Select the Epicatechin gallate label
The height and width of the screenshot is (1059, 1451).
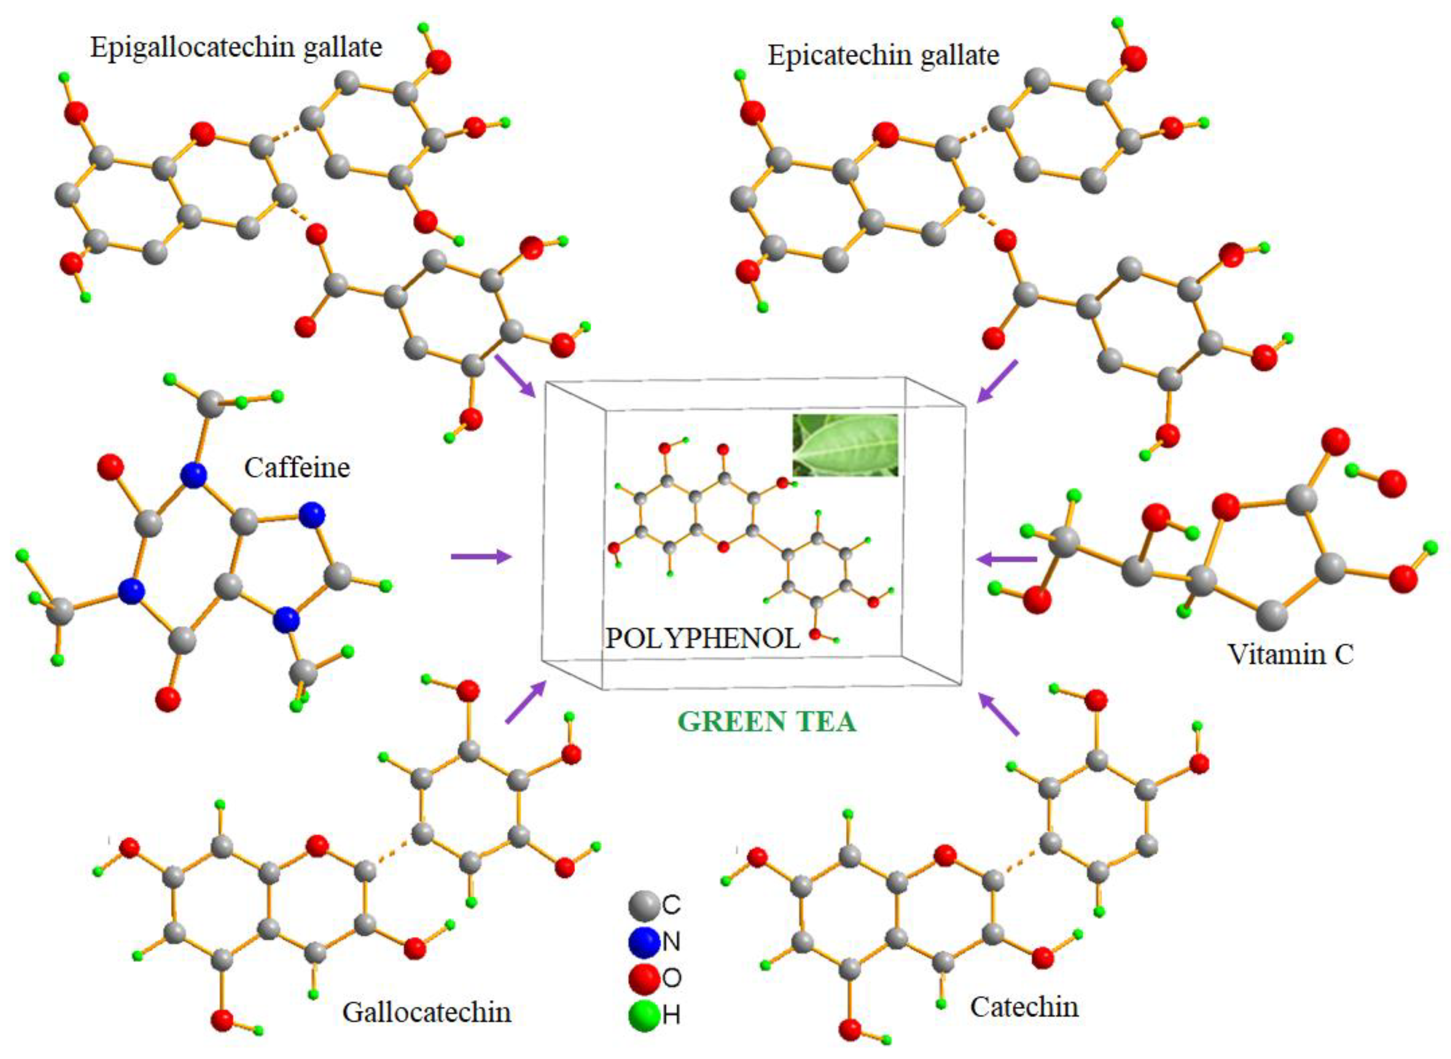pyautogui.click(x=883, y=55)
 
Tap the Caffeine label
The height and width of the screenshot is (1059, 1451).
pyautogui.click(x=297, y=467)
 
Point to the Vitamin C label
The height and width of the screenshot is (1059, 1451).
pyautogui.click(x=1290, y=654)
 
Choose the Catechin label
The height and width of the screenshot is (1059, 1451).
pyautogui.click(x=1024, y=1006)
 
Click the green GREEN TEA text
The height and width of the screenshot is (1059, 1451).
pyautogui.click(x=767, y=721)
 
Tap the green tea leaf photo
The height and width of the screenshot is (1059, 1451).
pyautogui.click(x=845, y=445)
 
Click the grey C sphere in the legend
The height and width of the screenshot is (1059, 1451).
pyautogui.click(x=644, y=904)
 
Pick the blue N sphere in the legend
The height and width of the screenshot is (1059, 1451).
pyautogui.click(x=644, y=941)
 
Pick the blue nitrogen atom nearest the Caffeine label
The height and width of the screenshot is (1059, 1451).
pyautogui.click(x=194, y=475)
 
